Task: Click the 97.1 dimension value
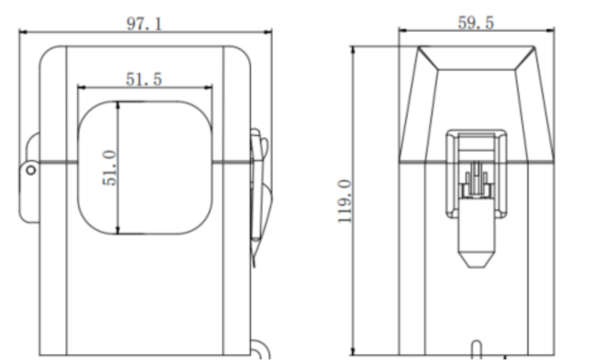point(144,24)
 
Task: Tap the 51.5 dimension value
point(144,79)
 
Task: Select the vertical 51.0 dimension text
point(110,168)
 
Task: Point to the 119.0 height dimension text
point(345,201)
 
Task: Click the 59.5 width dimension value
point(476,23)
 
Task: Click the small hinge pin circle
point(31,170)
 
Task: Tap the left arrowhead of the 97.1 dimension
point(23,33)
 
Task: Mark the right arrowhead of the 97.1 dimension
point(267,33)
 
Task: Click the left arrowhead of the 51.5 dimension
point(81,88)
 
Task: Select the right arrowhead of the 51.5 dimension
point(208,88)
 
